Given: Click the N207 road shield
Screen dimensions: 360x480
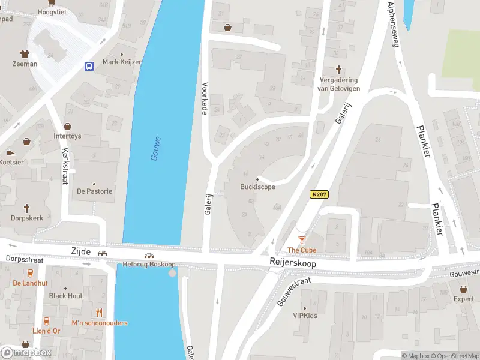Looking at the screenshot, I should [x=320, y=194].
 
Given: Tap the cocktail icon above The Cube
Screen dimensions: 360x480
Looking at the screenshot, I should [x=302, y=241].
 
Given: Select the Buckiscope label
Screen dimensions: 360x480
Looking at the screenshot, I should [x=258, y=187].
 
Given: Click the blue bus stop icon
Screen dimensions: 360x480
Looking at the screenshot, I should [x=89, y=66].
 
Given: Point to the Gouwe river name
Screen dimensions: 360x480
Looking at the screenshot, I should [x=155, y=148].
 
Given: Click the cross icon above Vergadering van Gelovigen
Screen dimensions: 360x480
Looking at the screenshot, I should [x=338, y=70].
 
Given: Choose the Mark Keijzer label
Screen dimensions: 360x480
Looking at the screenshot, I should [x=122, y=62].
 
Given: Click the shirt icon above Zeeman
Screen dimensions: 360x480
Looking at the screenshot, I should [x=25, y=53].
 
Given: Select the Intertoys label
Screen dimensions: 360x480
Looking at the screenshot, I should [x=67, y=136].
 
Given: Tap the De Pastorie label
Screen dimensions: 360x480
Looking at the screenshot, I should [x=94, y=191].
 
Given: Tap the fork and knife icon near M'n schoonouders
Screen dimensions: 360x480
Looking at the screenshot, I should [x=100, y=313].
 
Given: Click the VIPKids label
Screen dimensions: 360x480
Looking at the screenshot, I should [x=305, y=316].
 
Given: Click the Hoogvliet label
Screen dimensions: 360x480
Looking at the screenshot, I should [x=52, y=11].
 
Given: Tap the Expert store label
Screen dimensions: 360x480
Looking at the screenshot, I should [x=463, y=299].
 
